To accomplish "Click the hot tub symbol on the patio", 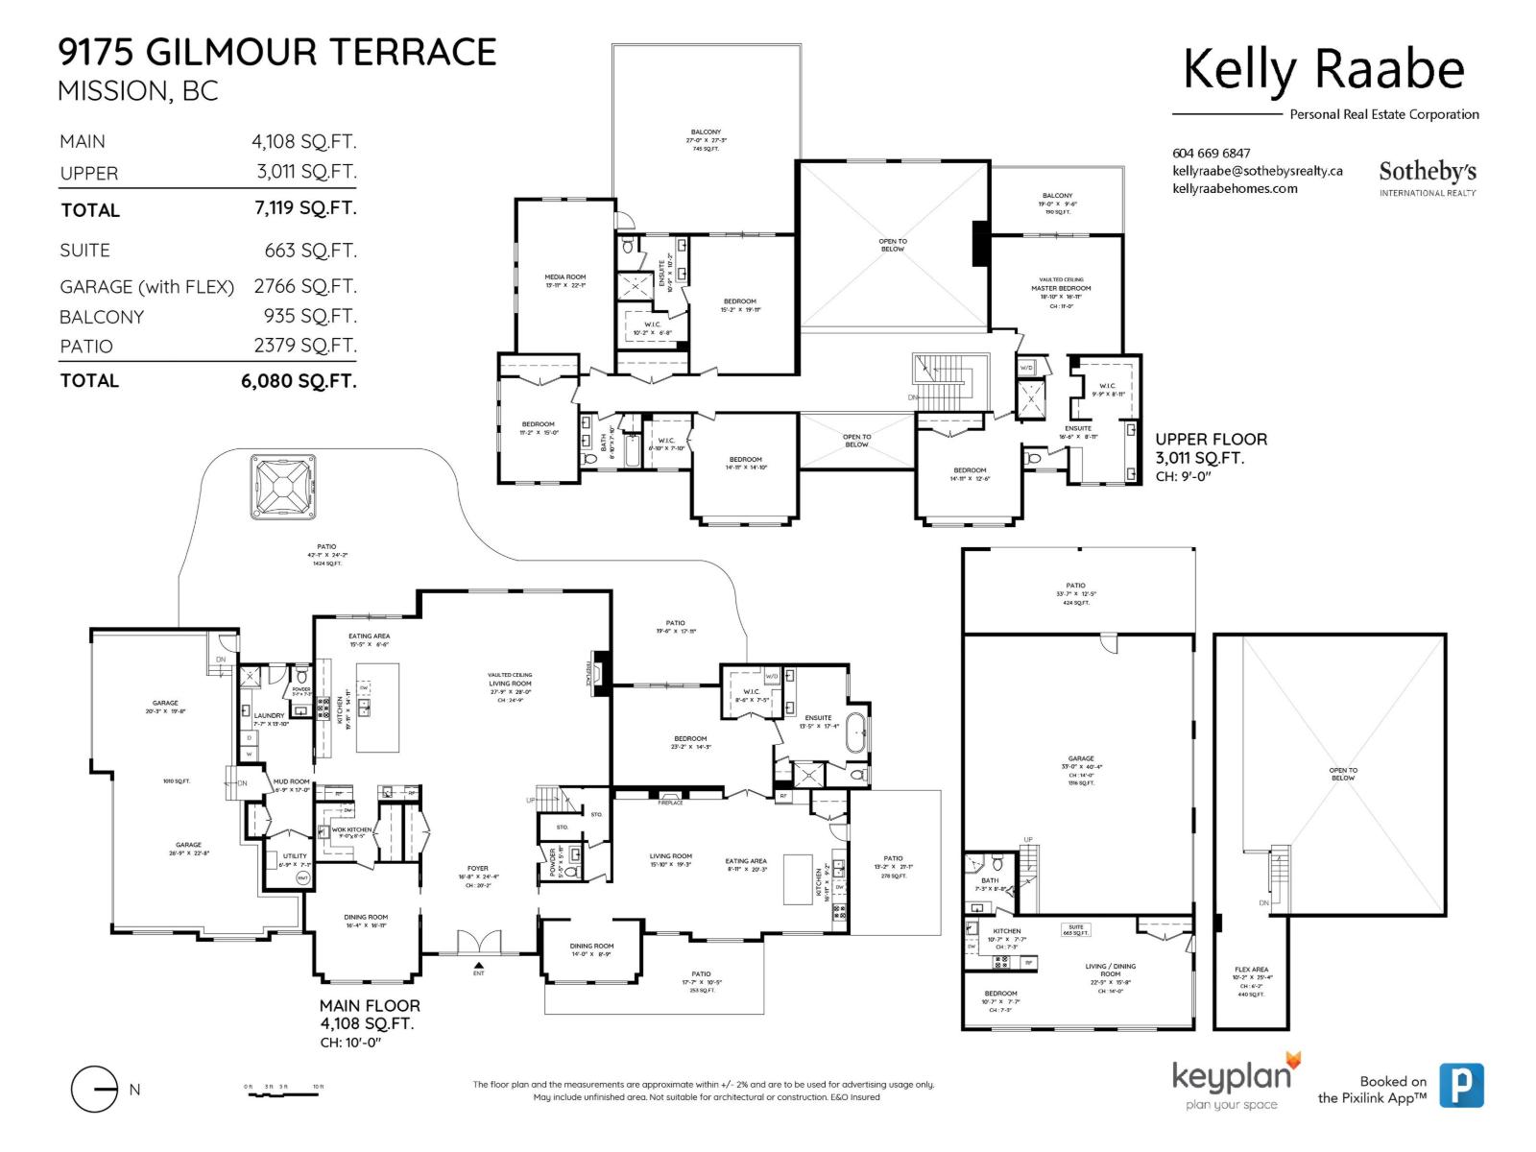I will pyautogui.click(x=283, y=487).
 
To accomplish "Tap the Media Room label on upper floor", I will pyautogui.click(x=564, y=277).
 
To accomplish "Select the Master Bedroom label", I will pyautogui.click(x=1061, y=288).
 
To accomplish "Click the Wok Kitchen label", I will pyautogui.click(x=351, y=830).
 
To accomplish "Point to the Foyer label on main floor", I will pyautogui.click(x=477, y=869).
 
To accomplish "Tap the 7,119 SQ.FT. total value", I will pyautogui.click(x=304, y=208).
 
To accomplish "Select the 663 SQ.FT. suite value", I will pyautogui.click(x=310, y=251).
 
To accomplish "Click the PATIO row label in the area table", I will pyautogui.click(x=86, y=347).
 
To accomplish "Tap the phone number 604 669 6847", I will pyautogui.click(x=1212, y=154).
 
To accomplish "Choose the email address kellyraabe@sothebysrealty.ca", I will pyautogui.click(x=1257, y=171).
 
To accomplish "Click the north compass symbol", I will pyautogui.click(x=95, y=1090).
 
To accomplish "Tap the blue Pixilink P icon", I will pyautogui.click(x=1461, y=1086).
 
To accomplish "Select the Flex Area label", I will pyautogui.click(x=1251, y=970).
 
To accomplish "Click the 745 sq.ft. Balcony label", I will pyautogui.click(x=706, y=140).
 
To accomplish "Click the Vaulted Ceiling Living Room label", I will pyautogui.click(x=510, y=683).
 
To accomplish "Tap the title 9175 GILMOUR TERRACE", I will pyautogui.click(x=277, y=52).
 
